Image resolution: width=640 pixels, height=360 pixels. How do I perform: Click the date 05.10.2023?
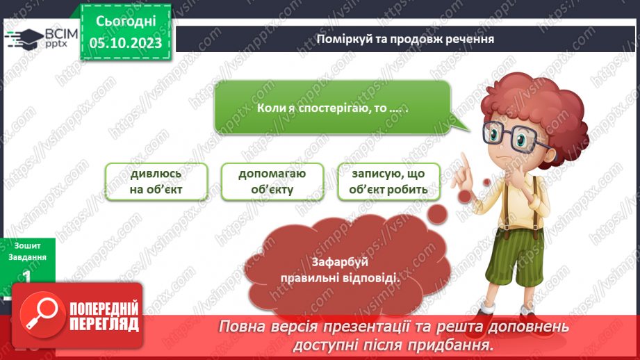click(125, 44)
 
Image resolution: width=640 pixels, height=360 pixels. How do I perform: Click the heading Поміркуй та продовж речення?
click(404, 38)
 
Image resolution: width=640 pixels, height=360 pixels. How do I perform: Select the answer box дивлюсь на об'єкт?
click(158, 182)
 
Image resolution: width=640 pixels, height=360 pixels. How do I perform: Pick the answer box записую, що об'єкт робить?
click(389, 182)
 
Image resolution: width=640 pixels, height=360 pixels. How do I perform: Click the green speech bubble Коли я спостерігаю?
click(332, 108)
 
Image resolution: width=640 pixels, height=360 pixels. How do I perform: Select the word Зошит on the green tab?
click(26, 245)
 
